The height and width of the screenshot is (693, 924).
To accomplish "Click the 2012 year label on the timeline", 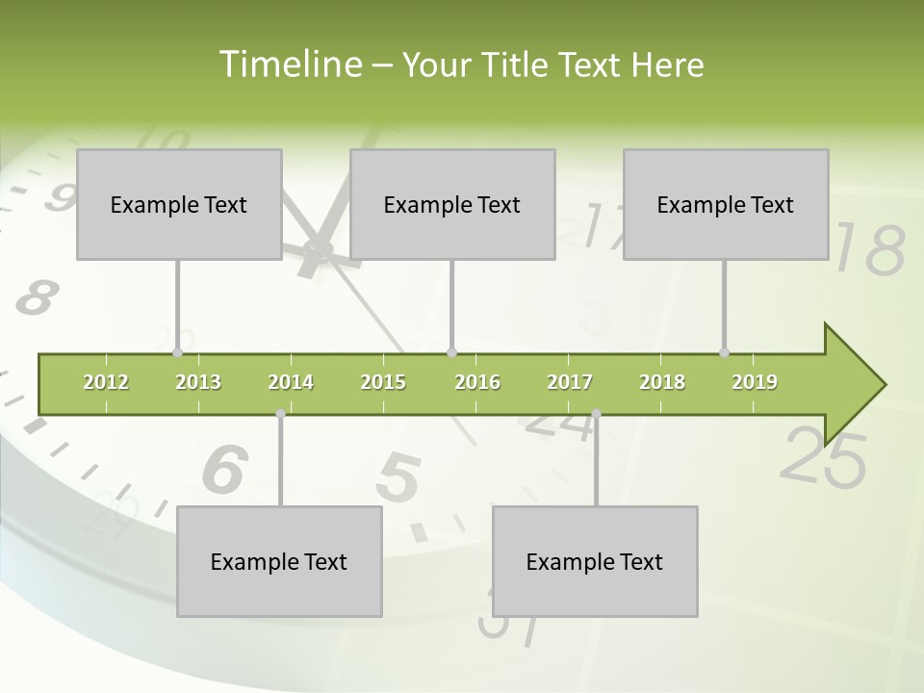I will click(x=106, y=382).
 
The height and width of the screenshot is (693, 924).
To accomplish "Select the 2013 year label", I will click(x=198, y=382).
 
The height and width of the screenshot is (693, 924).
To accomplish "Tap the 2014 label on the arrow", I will click(x=291, y=382).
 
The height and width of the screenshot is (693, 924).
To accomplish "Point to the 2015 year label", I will click(x=383, y=382).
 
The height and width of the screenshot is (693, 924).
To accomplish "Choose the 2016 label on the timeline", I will click(x=477, y=382).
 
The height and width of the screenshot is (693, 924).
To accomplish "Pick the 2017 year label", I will click(x=570, y=382).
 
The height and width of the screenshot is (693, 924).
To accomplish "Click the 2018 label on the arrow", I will click(x=662, y=382).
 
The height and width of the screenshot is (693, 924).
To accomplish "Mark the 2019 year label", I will click(x=755, y=382).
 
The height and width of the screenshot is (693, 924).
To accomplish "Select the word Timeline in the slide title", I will click(x=290, y=64).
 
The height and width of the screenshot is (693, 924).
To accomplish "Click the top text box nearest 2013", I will click(x=179, y=204).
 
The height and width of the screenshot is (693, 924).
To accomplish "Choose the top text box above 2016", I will click(x=452, y=204).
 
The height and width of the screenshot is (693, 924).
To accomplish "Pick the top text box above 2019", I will click(x=726, y=204).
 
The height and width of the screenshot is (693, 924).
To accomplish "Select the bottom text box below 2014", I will click(x=279, y=561).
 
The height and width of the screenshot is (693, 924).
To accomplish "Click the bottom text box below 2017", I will click(x=595, y=561).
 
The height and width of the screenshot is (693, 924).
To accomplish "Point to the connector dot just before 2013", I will click(x=177, y=353).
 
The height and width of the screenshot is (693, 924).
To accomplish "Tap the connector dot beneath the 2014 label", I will click(x=280, y=413).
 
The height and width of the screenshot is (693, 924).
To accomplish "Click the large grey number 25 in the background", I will click(x=822, y=456).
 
